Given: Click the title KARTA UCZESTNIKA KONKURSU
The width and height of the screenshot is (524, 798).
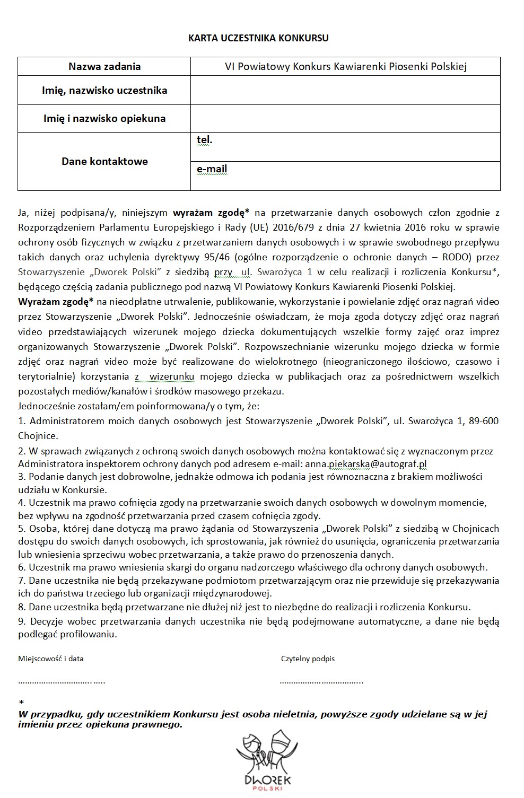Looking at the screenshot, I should tap(258, 38).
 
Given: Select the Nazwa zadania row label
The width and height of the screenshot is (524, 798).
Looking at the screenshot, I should tap(104, 67).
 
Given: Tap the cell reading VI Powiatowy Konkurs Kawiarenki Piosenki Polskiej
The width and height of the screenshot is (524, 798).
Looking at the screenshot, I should tap(345, 67).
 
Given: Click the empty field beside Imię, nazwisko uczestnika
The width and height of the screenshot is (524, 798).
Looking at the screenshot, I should tap(345, 90).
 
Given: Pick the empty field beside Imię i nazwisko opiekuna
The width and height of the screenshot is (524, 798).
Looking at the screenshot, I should tap(345, 118).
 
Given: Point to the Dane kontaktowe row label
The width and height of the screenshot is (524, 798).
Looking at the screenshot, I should tap(104, 161).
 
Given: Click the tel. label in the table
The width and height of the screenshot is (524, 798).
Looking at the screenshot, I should tap(204, 140).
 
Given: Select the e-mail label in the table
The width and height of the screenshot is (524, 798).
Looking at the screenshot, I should tap(212, 169).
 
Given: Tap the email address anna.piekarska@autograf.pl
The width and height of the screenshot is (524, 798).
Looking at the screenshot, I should tap(366, 464).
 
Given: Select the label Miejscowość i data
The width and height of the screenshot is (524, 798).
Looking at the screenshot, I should tap(51, 659).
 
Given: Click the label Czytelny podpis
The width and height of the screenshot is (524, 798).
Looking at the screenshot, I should tap(308, 659).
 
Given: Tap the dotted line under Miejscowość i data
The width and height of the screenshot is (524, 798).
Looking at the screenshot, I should tap(62, 681).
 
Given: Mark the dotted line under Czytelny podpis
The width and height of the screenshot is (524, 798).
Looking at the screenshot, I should tap(321, 681).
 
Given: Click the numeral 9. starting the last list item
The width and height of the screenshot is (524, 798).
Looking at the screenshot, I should tap(22, 621).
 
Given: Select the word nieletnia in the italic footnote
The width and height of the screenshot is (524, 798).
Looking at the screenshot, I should tap(294, 714).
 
